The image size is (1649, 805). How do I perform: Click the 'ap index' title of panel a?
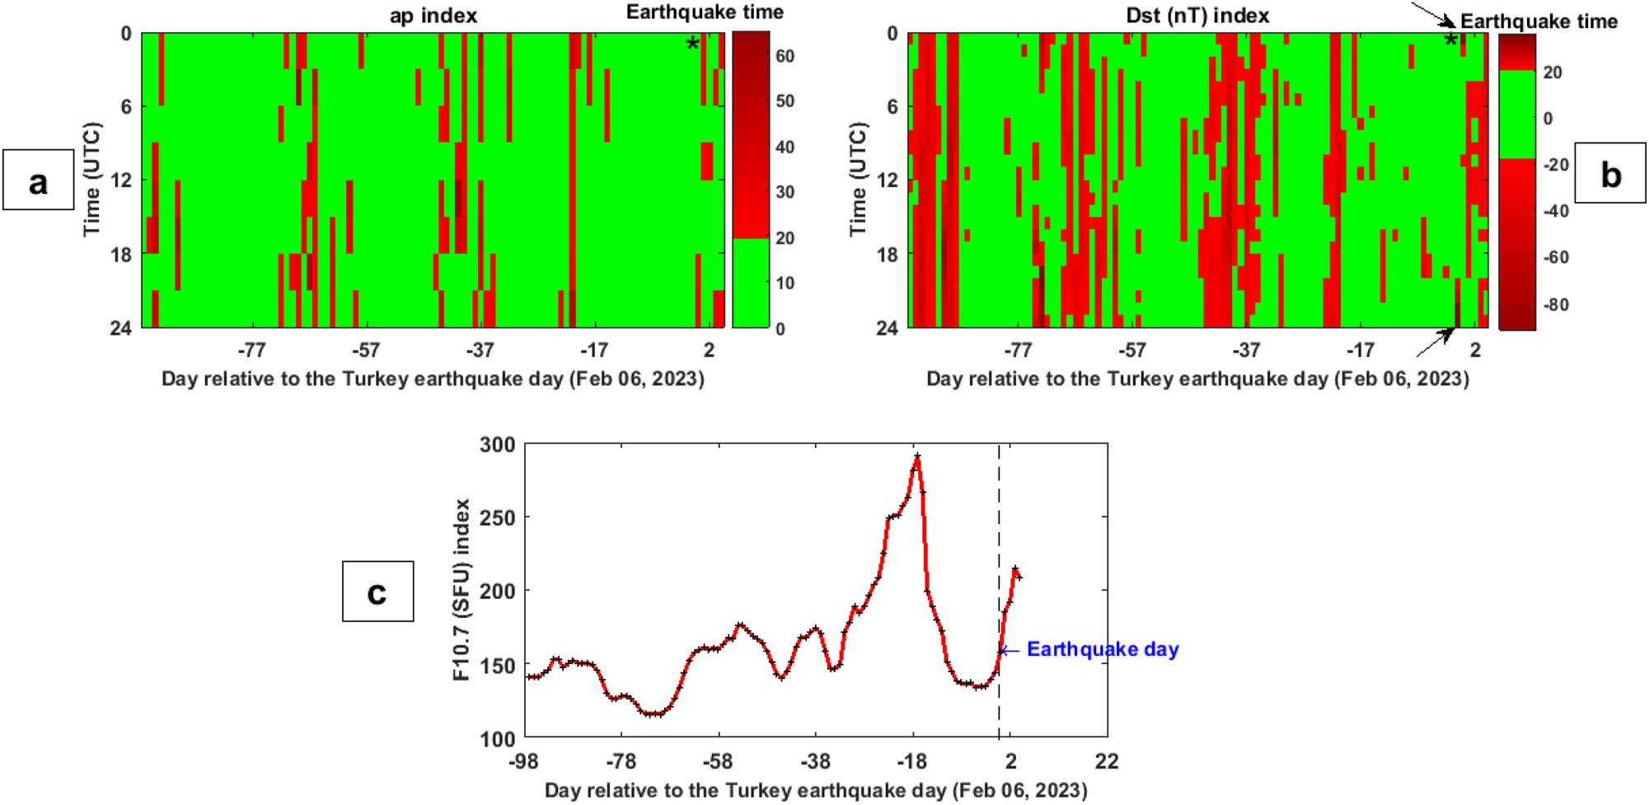pos(433,16)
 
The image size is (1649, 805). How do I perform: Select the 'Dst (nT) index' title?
pos(1197,16)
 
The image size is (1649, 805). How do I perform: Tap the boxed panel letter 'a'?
pos(38,180)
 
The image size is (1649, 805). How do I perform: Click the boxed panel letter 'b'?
pos(1609,174)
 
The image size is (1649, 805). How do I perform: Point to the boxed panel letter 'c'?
pos(377,592)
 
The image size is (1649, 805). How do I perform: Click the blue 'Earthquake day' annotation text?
pos(1102,649)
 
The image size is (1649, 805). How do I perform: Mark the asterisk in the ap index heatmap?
pos(692,44)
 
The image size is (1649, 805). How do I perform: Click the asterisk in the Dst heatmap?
pos(1450,41)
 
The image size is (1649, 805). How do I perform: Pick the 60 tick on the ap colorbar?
pos(785,56)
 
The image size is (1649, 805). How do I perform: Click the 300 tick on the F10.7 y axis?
pos(497,445)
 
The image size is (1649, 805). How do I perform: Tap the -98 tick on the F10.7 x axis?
pos(524,761)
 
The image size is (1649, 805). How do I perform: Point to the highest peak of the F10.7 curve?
pos(916,456)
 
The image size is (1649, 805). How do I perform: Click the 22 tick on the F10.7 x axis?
pos(1107,761)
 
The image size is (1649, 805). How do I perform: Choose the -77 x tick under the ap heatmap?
pos(251,350)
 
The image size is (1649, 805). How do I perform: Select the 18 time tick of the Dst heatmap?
pos(887,255)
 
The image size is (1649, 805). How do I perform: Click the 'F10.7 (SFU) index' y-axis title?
pos(461,589)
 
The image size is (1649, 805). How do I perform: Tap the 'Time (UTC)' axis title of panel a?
pos(91,179)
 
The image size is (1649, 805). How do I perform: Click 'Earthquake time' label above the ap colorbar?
pos(705,12)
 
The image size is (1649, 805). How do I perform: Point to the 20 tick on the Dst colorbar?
pos(1553,73)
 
